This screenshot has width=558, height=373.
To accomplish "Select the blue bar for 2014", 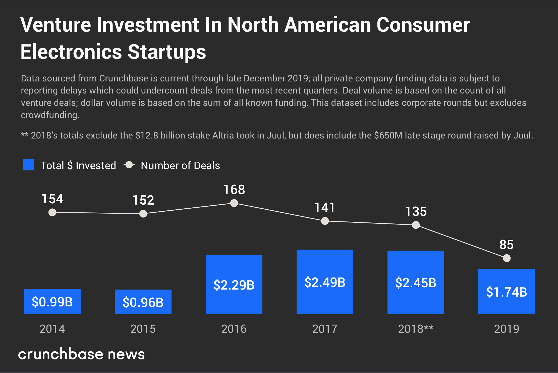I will [x=52, y=301].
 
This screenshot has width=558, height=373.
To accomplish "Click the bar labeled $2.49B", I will [x=325, y=282].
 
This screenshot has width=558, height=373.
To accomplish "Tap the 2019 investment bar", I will [x=507, y=292].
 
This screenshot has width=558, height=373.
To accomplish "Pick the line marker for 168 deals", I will [x=234, y=203].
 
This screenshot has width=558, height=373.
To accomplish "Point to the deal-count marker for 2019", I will [x=507, y=258].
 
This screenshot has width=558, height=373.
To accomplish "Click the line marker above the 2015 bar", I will [x=143, y=214].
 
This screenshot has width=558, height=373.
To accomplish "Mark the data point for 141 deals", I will [x=325, y=221].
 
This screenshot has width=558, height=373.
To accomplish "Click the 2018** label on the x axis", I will [x=416, y=329].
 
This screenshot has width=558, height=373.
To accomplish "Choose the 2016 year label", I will [x=234, y=329].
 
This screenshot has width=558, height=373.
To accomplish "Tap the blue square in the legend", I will [x=29, y=165].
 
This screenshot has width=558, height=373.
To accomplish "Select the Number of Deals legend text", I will [x=180, y=166].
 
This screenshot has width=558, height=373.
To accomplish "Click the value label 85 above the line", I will [x=506, y=245].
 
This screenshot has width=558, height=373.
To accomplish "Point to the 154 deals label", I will [x=52, y=199].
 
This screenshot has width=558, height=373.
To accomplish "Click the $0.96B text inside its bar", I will [x=143, y=302].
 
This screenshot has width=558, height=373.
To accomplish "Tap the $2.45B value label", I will [x=416, y=283].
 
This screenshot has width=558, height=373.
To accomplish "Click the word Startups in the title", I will [x=167, y=52].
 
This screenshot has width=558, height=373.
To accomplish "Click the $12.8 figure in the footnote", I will [x=147, y=135].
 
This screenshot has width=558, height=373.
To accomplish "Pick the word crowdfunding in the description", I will [x=50, y=115].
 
